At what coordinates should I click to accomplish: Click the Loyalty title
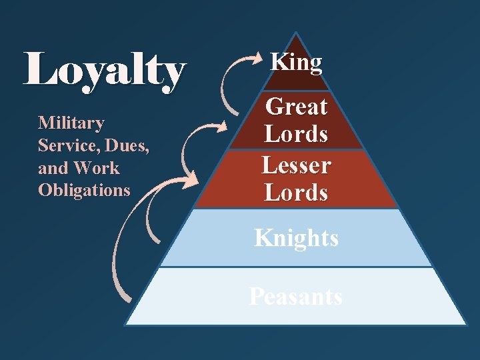104,70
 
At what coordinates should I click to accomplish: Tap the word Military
71,123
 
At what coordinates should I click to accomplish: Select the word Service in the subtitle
64,145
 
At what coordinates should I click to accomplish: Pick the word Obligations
84,190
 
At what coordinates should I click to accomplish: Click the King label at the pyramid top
296,63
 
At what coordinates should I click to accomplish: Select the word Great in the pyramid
297,107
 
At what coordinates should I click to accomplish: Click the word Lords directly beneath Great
297,134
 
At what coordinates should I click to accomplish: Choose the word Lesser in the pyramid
297,165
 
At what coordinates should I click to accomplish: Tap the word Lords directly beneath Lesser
297,193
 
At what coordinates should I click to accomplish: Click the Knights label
297,238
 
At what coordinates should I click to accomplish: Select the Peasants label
296,296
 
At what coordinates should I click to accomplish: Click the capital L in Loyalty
37,70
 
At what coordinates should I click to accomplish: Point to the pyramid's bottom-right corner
466,325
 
